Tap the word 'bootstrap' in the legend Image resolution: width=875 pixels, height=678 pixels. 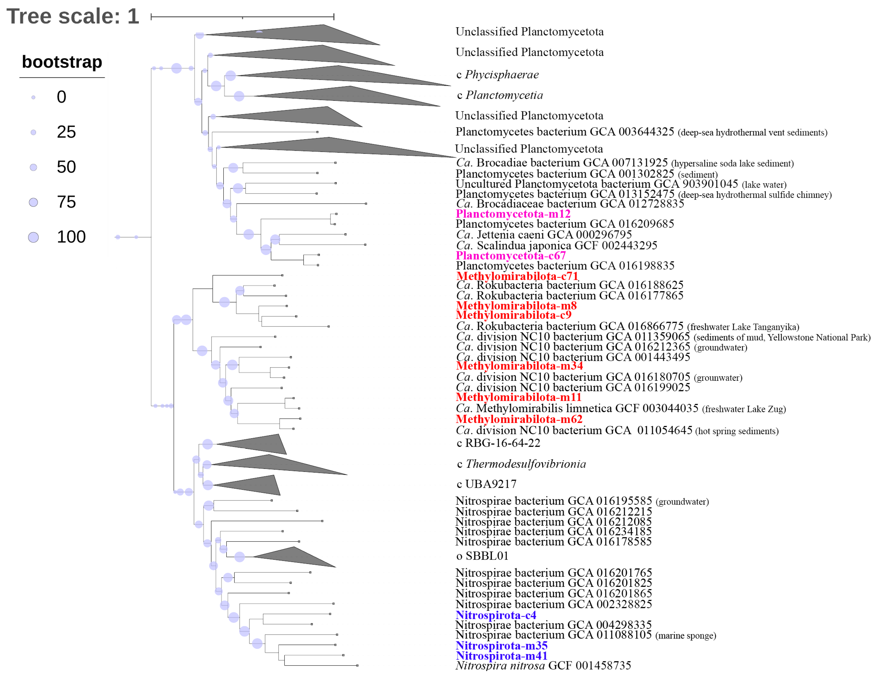coord(62,62)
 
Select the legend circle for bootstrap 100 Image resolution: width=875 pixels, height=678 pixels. coord(33,238)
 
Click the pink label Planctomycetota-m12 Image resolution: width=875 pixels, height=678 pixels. coord(513,214)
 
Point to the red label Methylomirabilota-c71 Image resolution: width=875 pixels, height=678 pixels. coord(517,276)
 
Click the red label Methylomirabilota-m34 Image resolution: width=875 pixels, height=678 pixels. coord(519,366)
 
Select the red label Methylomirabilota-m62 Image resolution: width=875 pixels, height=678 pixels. coord(519,419)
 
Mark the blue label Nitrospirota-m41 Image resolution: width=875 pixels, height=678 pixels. coord(502,656)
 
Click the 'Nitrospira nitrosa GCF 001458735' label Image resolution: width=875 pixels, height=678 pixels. coord(543,666)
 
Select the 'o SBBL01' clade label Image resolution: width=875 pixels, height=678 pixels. coord(482,556)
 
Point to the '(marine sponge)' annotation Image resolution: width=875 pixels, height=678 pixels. coord(685,636)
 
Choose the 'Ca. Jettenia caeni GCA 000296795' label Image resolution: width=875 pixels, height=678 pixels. coord(544,235)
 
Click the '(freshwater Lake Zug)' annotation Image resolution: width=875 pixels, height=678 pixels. coord(744,409)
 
